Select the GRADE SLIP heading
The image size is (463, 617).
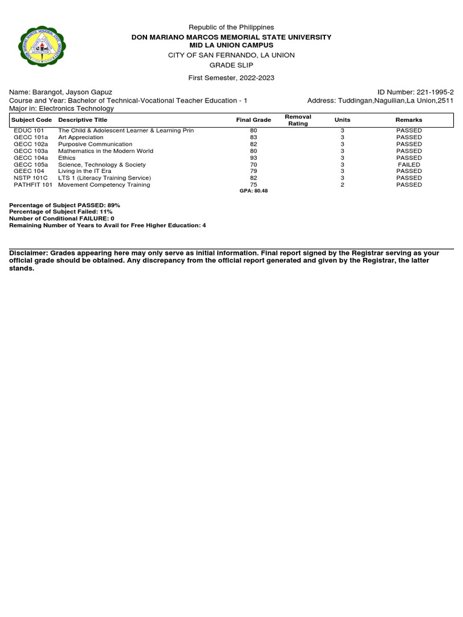pos(231,65)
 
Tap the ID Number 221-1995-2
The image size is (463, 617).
pos(415,92)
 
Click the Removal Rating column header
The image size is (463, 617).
pos(298,120)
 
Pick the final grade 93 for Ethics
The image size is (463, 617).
pos(253,158)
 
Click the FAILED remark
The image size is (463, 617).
pos(409,164)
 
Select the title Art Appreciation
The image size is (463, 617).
pos(80,137)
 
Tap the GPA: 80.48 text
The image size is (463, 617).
pos(253,191)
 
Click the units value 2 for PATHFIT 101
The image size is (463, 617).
pos(342,185)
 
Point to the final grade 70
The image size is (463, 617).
pos(253,164)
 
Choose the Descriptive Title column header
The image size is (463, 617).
pos(83,120)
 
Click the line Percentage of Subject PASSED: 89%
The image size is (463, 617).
pos(65,205)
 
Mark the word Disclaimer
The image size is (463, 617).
pos(28,254)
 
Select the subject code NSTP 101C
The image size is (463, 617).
pos(30,178)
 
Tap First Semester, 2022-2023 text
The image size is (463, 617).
pos(231,78)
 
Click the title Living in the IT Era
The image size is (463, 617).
pos(84,171)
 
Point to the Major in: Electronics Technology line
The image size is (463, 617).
pos(61,108)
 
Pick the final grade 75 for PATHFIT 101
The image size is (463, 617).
pos(253,185)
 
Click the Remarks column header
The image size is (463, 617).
pos(409,120)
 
